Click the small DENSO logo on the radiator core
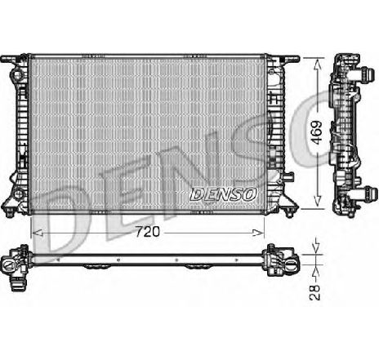[x=223, y=194]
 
